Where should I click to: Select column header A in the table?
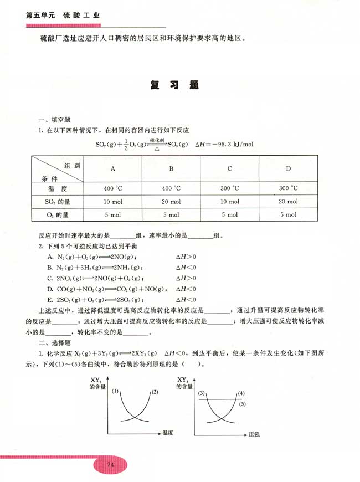[x=113, y=168]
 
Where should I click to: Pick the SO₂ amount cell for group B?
[x=171, y=201]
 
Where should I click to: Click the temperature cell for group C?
[x=229, y=188]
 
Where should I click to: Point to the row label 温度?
[x=57, y=188]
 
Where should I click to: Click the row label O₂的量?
[x=57, y=214]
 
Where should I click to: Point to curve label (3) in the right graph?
[x=202, y=393]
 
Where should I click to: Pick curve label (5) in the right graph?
[x=241, y=404]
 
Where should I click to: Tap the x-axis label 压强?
[x=254, y=434]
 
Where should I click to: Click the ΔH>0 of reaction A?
[x=186, y=257]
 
